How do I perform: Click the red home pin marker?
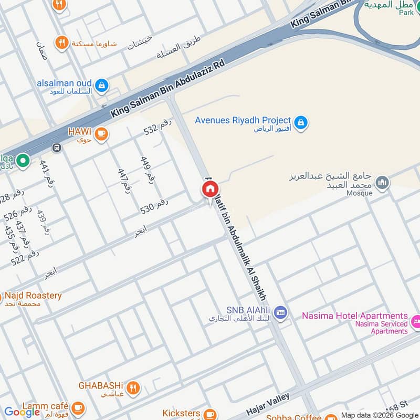[211, 190]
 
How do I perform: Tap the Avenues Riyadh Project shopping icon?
[300, 122]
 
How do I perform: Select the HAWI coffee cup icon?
[101, 135]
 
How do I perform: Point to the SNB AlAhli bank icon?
[280, 312]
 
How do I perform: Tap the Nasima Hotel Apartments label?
[355, 316]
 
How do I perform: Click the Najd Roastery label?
[33, 296]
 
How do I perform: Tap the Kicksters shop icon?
[209, 414]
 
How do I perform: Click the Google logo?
[22, 412]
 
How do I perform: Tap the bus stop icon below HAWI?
[57, 148]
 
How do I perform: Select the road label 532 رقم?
[158, 128]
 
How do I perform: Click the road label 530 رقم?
[154, 206]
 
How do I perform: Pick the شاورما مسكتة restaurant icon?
[62, 43]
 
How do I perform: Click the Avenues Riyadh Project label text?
[243, 120]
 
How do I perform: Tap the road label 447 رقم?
[124, 181]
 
